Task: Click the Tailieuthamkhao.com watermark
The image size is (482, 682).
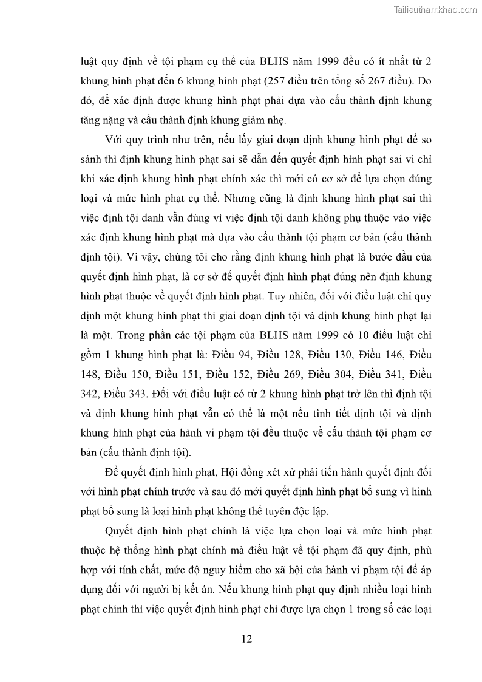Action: (436, 10)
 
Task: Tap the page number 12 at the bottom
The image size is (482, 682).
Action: (246, 638)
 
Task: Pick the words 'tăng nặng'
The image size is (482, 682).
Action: (103, 118)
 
